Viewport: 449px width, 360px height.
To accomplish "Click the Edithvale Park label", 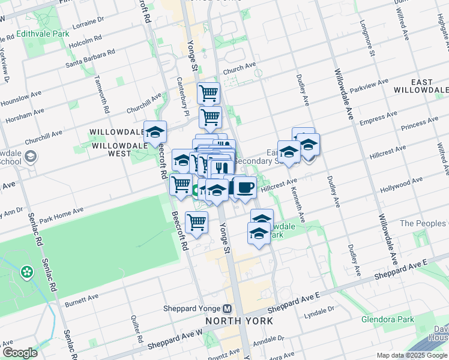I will [x=43, y=34].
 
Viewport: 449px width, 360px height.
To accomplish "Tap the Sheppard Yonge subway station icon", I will [x=227, y=309].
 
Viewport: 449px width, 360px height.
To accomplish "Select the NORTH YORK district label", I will [x=240, y=321].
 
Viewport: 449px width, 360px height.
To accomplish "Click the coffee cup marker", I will [x=244, y=187].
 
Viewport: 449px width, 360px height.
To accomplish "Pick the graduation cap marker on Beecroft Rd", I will [x=155, y=132].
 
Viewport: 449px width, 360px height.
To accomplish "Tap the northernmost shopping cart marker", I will [x=208, y=94].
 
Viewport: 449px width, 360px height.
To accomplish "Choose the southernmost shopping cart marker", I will [x=196, y=222].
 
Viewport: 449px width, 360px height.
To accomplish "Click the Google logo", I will [x=20, y=353].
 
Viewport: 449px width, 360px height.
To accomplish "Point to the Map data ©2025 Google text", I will [x=411, y=355].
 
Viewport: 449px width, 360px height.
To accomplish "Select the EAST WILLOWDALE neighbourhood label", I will [x=421, y=85].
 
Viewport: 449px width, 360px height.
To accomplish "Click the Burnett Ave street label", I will [x=81, y=298].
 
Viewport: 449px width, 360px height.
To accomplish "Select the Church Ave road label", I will [x=240, y=70].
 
